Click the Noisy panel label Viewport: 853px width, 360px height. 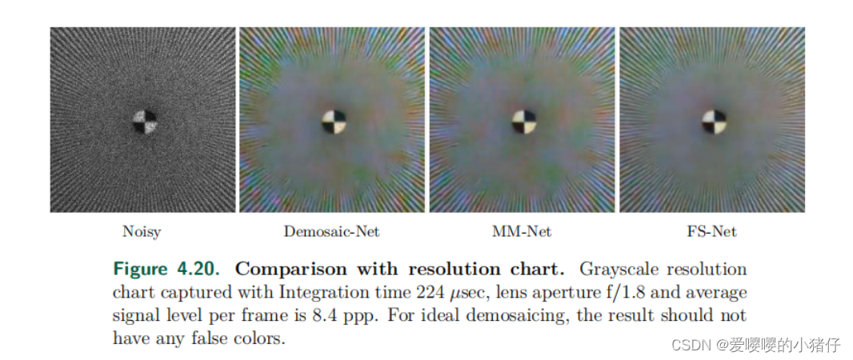coord(142,232)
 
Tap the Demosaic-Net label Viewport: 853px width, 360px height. coord(331,232)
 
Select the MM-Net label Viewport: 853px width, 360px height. coord(522,232)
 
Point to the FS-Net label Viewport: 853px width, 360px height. coord(711,232)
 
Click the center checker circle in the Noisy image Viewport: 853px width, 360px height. coord(145,122)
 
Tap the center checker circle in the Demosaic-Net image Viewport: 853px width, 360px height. coord(334,122)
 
